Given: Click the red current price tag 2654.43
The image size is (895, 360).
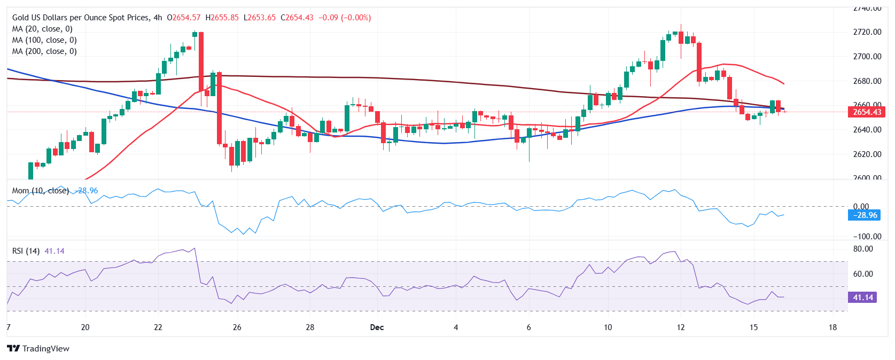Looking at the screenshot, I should (867, 112).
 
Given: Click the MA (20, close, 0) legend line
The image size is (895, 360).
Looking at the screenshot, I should (42, 29).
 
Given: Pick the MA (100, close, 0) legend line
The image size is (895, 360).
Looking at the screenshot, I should (44, 40).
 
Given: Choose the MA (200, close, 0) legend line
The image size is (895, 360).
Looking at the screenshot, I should (44, 51).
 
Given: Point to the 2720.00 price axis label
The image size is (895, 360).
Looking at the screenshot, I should (867, 32).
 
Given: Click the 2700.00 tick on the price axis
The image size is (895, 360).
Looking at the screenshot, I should (867, 57).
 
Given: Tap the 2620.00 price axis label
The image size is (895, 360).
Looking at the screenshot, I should (867, 154).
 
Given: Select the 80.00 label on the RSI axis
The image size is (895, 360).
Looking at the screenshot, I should (863, 249).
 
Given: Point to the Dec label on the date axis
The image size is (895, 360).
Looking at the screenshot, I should (377, 327).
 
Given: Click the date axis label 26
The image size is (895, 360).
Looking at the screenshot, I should (237, 327).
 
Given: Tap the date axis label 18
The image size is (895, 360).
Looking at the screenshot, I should (832, 327).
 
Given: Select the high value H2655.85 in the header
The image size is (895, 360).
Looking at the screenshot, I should (222, 18).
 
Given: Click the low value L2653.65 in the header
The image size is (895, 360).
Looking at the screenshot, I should (260, 18).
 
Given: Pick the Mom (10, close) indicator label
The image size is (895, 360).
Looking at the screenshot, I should (40, 191).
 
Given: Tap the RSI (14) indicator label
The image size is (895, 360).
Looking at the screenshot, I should (26, 251).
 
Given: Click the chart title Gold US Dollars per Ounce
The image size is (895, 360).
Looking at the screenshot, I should (80, 18).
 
